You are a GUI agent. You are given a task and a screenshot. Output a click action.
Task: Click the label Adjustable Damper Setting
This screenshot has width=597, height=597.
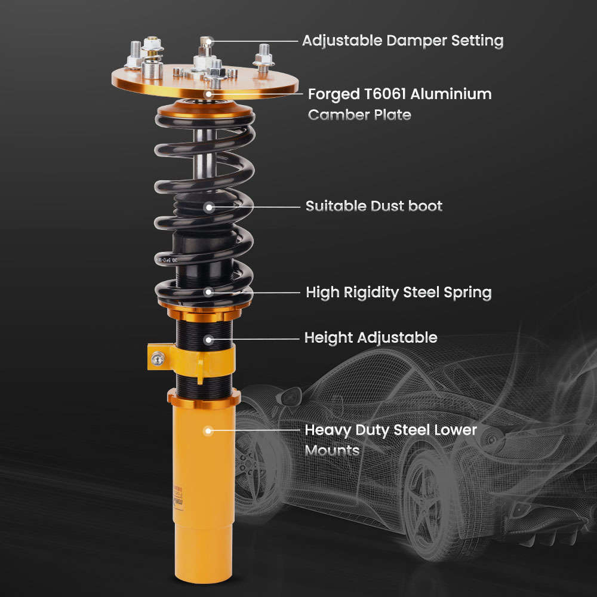click(402, 41)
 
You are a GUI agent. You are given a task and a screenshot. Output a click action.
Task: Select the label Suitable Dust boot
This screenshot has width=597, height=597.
click(374, 206)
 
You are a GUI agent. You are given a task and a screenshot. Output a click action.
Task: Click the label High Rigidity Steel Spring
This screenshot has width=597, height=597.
click(398, 293)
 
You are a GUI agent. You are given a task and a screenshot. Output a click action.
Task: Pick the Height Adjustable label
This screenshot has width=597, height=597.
click(371, 337)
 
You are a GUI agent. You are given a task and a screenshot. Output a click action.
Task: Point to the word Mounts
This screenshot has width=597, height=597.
click(332, 450)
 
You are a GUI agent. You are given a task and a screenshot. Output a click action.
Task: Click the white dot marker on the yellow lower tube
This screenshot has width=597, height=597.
click(208, 430)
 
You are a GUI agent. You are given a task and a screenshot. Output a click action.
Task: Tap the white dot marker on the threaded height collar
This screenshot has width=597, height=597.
click(208, 339)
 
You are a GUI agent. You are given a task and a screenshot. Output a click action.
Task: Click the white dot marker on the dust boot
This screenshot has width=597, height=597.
click(208, 207)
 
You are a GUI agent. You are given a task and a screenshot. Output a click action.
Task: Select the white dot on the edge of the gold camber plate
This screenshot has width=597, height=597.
click(208, 94)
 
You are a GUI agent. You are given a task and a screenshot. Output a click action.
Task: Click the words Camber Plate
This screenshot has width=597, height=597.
click(359, 115)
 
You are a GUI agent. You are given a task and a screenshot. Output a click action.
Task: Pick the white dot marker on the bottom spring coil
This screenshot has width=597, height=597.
click(208, 292)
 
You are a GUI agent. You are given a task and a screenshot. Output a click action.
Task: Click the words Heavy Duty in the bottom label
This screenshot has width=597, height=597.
click(343, 430)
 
